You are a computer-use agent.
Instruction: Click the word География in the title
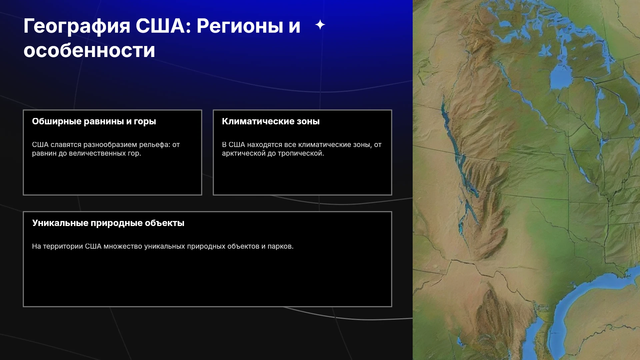[77, 26]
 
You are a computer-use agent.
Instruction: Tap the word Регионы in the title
[240, 26]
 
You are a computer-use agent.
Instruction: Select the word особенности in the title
[89, 50]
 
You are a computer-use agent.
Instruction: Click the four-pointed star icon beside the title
[320, 25]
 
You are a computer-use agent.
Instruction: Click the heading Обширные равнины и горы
[94, 121]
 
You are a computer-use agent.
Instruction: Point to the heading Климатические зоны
[271, 121]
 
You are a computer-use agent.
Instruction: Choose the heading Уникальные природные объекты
[108, 223]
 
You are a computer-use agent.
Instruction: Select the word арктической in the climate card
[244, 153]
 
